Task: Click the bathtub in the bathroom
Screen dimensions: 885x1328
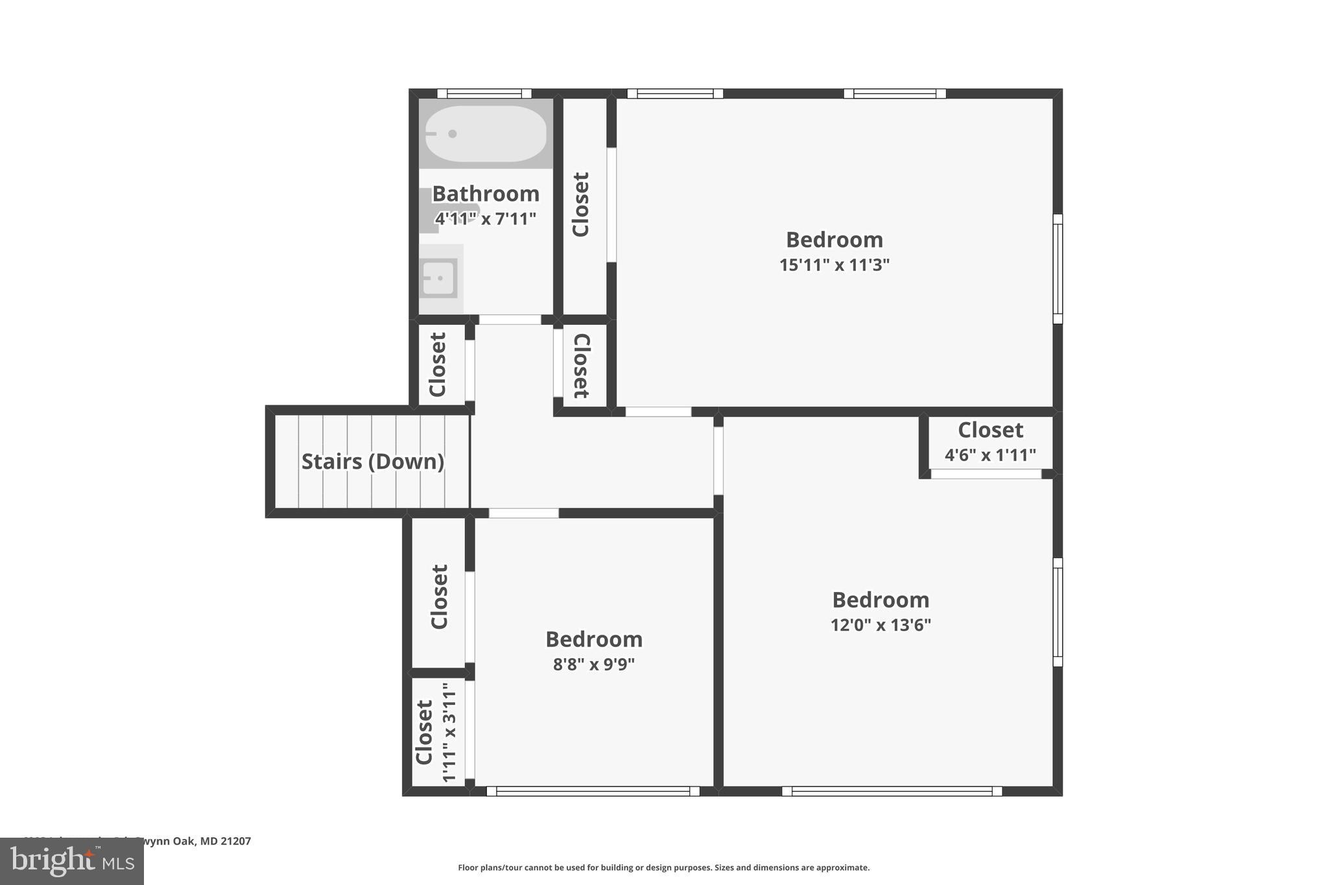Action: click(485, 134)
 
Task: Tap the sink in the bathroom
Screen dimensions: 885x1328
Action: click(439, 278)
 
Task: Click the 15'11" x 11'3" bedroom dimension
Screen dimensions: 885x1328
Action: click(834, 265)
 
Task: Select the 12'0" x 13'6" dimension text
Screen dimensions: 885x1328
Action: click(880, 625)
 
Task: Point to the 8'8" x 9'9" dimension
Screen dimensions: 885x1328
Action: click(593, 665)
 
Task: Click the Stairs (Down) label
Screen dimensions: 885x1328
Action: click(373, 462)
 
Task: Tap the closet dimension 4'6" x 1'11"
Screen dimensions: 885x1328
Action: click(990, 455)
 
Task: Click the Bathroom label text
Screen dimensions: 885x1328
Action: click(485, 194)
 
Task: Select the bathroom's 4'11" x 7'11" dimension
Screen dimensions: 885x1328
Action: click(485, 218)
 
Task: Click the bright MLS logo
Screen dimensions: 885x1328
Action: click(72, 861)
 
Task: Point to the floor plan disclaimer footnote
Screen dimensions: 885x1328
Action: click(663, 867)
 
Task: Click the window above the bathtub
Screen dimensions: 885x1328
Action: click(484, 93)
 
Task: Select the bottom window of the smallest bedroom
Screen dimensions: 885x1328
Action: click(593, 791)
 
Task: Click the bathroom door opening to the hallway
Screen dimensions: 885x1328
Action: click(510, 320)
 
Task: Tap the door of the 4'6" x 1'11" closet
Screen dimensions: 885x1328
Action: click(986, 474)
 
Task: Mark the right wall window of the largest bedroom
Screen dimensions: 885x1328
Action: click(1057, 269)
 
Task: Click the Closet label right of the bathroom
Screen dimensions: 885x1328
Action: click(580, 204)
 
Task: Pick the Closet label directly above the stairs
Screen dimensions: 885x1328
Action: click(438, 364)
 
